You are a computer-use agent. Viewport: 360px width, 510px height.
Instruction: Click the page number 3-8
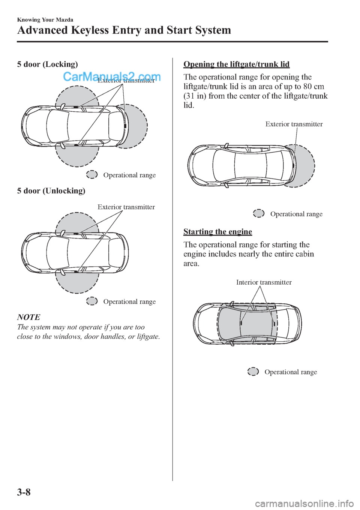pyautogui.click(x=24, y=492)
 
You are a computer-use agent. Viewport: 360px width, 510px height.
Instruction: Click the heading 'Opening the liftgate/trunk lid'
pyautogui.click(x=236, y=64)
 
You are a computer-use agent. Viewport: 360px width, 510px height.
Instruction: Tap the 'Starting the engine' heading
pyautogui.click(x=217, y=232)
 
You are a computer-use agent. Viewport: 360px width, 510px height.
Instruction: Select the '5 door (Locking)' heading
pyautogui.click(x=48, y=64)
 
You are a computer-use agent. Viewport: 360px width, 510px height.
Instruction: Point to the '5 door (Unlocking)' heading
pyautogui.click(x=51, y=191)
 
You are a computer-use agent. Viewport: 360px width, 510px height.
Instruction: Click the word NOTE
pyautogui.click(x=28, y=317)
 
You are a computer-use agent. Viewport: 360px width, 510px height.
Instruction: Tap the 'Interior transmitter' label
pyautogui.click(x=264, y=282)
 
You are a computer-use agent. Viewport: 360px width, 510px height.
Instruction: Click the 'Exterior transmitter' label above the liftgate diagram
pyautogui.click(x=294, y=124)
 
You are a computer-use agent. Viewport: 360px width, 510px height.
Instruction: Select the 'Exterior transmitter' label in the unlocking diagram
pyautogui.click(x=126, y=207)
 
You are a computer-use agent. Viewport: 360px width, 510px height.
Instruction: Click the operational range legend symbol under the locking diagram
pyautogui.click(x=92, y=174)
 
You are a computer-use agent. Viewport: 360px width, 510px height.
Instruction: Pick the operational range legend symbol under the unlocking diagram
pyautogui.click(x=92, y=301)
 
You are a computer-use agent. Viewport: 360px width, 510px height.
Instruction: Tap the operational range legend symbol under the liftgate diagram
pyautogui.click(x=259, y=213)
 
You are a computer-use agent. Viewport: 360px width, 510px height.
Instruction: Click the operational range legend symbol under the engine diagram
pyautogui.click(x=253, y=372)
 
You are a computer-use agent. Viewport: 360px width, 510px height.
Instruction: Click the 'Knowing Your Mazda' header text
pyautogui.click(x=45, y=20)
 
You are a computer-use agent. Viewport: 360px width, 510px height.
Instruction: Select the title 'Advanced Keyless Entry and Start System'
pyautogui.click(x=124, y=30)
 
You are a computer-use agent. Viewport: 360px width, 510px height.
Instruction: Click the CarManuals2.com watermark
pyautogui.click(x=112, y=77)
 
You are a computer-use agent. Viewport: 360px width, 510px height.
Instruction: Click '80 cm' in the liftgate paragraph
pyautogui.click(x=313, y=87)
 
